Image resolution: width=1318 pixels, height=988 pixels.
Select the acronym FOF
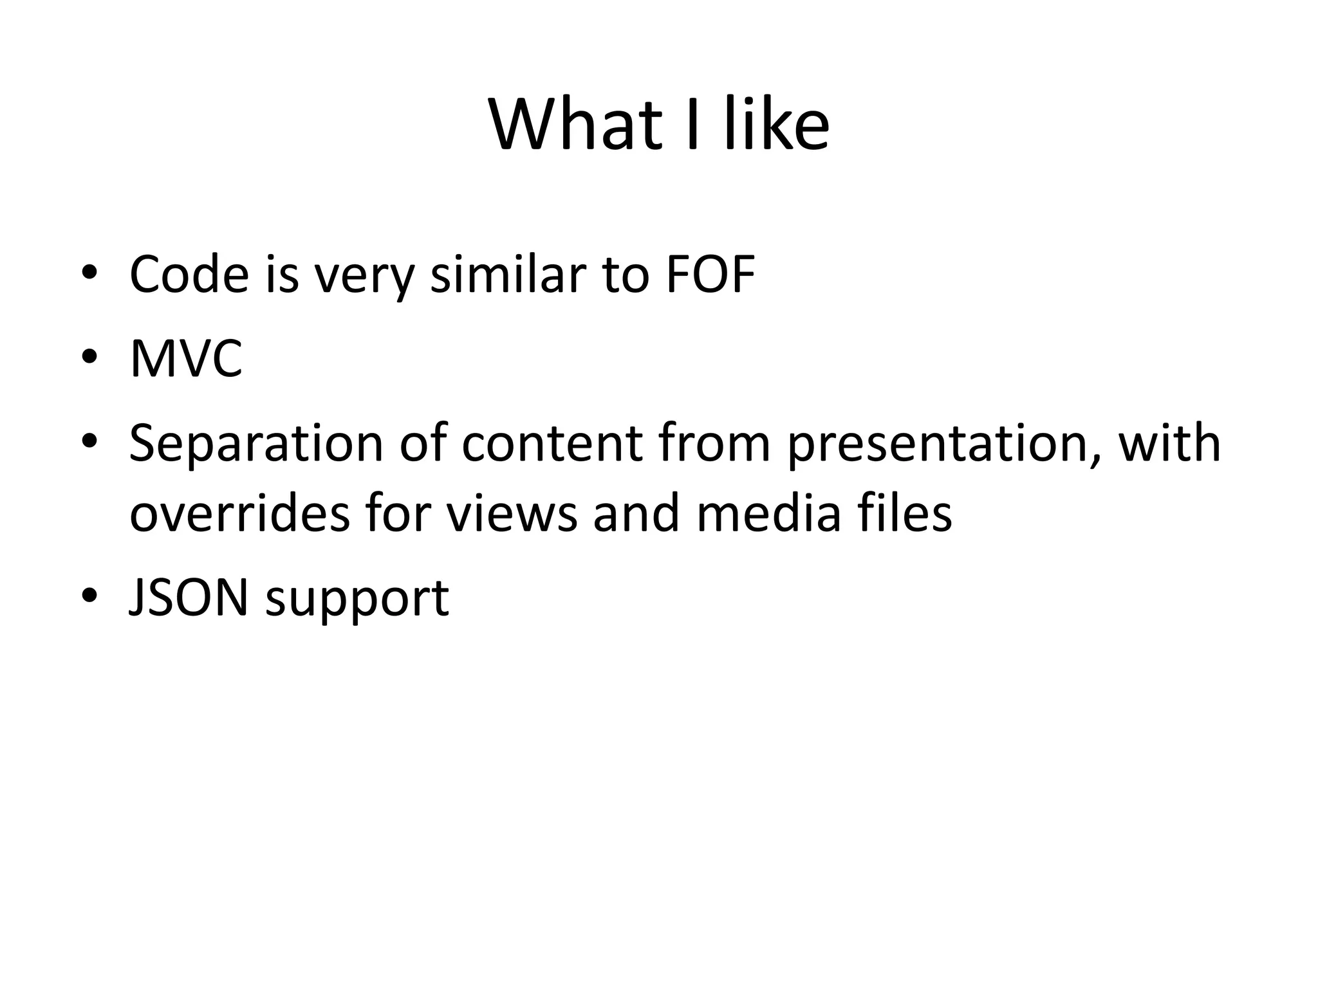[x=710, y=275]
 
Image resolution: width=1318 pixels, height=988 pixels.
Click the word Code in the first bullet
[x=189, y=275]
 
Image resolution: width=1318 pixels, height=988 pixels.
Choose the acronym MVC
[x=186, y=358]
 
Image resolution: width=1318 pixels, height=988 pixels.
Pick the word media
[x=768, y=514]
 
